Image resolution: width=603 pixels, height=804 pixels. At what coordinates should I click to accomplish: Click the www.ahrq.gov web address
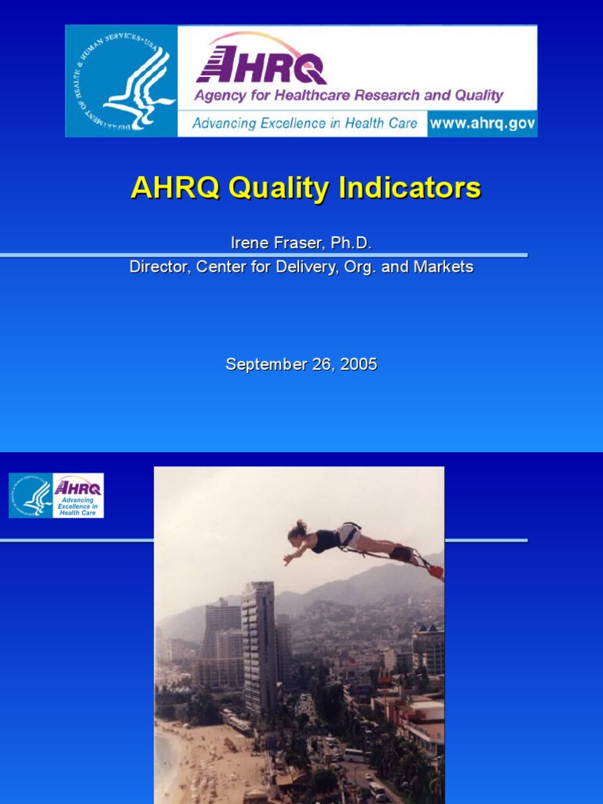tap(482, 123)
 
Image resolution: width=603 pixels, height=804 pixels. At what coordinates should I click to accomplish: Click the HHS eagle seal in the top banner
tap(122, 81)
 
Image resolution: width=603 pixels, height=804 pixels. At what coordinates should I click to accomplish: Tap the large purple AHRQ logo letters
tap(261, 65)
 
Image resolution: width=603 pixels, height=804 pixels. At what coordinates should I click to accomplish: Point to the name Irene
tap(247, 243)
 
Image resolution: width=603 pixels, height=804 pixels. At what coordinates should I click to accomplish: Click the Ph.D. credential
tap(350, 243)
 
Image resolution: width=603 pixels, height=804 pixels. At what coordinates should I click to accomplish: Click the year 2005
tap(359, 364)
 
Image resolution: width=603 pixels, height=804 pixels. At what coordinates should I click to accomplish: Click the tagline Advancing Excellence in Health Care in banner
tap(305, 123)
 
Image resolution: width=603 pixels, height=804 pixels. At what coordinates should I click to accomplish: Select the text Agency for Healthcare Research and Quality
tap(348, 96)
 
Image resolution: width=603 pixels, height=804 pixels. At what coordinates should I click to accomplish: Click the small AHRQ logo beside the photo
tap(78, 495)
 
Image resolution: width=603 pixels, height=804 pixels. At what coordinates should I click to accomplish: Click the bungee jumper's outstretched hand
tap(287, 561)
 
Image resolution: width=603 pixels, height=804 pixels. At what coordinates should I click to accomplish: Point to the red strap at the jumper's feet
tap(435, 572)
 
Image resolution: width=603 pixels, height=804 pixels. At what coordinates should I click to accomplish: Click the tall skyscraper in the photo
tap(258, 644)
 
